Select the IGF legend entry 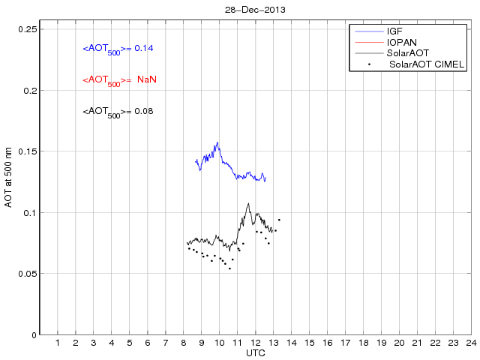point(394,31)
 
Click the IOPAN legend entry point(401,43)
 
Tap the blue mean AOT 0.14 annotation point(118,49)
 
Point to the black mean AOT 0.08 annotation point(118,112)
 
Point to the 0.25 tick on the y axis point(27,29)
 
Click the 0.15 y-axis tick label point(27,151)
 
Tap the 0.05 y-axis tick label point(27,274)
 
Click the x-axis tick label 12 point(255,343)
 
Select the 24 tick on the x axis point(470,343)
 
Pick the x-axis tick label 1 point(58,343)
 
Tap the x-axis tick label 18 point(363,343)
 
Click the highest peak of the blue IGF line point(217,142)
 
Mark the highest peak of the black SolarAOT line point(248,202)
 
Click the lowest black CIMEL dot point(229,268)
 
